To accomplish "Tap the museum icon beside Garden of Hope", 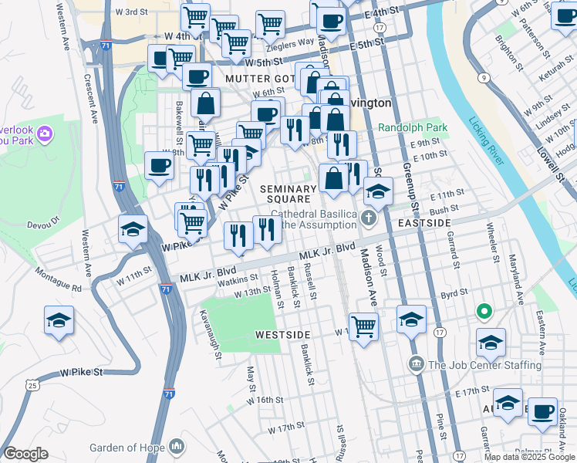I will coord(178,447).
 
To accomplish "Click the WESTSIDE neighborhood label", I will coord(282,334).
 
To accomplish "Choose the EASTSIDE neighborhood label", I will coord(424,222).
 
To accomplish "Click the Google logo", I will coord(25,454).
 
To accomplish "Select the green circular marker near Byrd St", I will coord(484,312).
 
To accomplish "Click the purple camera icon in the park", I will coord(44,134).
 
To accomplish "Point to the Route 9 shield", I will coord(481,77).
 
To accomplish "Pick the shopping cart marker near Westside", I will coord(363,325).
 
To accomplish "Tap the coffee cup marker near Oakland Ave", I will coord(543,409).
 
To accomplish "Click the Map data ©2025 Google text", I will coord(528,457).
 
